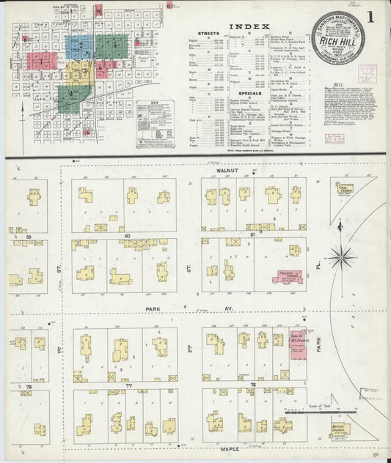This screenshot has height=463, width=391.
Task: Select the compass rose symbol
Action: pyautogui.click(x=340, y=257)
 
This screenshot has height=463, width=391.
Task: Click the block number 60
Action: pyautogui.click(x=127, y=235)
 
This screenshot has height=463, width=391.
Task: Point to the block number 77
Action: pyautogui.click(x=128, y=385)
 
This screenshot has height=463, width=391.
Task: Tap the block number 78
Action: pyautogui.click(x=29, y=386)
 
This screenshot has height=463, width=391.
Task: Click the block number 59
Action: pyautogui.click(x=29, y=236)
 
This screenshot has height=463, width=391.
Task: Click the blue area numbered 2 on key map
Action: pyautogui.click(x=81, y=47)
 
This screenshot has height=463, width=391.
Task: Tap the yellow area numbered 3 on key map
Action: pyautogui.click(x=84, y=71)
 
